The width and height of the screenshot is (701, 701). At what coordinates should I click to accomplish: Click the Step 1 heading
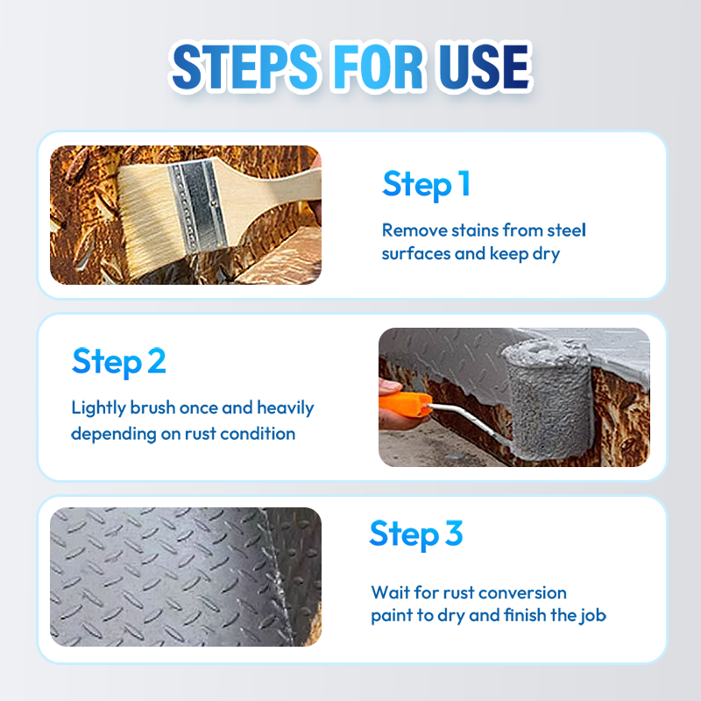tap(426, 184)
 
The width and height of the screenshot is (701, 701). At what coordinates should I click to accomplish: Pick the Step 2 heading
tap(119, 362)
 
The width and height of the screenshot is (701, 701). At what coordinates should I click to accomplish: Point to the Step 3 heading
tap(415, 534)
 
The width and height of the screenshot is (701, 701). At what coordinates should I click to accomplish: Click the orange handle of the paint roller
tap(405, 404)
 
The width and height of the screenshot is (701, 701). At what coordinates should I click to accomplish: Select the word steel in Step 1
tap(566, 230)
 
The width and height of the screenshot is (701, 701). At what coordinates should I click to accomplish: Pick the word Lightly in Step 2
tap(98, 408)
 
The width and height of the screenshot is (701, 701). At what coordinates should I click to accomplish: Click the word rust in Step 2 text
tap(201, 434)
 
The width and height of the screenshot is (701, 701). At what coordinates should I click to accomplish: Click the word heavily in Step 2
tap(286, 408)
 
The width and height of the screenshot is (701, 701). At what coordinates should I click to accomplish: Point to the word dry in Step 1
tap(546, 254)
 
